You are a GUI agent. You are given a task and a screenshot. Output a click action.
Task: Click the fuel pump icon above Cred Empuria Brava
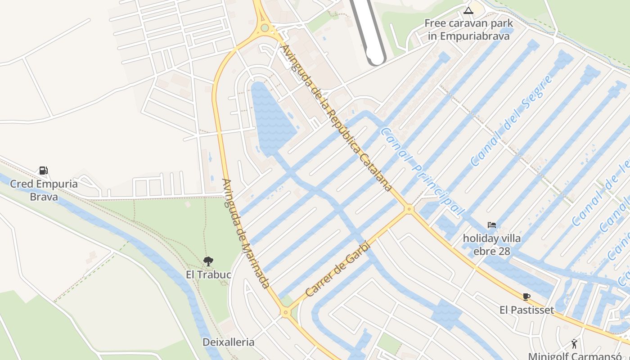pos(43,171)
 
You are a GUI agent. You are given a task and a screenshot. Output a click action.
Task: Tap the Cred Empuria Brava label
pos(44,190)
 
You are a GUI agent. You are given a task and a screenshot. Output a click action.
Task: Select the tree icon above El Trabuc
pos(208,261)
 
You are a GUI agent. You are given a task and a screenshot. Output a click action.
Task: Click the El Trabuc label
pos(208,274)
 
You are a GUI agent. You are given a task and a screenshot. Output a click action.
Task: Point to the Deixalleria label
pos(228,342)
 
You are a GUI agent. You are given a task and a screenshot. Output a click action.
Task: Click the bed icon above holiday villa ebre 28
pos(491,225)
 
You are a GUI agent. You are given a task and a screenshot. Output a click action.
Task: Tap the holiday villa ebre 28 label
pos(492,244)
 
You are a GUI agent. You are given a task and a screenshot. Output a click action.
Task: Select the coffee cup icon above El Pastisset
pos(526,297)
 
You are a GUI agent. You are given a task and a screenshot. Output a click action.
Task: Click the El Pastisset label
pos(526,310)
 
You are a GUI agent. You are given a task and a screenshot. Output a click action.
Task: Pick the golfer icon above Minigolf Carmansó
pos(574,344)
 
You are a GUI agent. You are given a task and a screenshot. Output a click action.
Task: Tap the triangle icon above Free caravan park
pos(468,10)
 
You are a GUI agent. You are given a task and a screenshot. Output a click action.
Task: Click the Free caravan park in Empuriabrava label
pos(468,29)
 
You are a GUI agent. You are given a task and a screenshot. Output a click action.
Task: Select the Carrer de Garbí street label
pos(337,270)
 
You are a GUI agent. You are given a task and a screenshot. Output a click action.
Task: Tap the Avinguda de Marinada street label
pos(246,234)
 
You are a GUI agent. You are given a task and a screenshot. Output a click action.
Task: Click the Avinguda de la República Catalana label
pos(335,118)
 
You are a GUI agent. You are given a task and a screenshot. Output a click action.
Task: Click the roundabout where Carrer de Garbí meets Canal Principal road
pos(409,209)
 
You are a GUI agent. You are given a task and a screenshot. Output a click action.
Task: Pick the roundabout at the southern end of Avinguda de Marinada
pos(285,312)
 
